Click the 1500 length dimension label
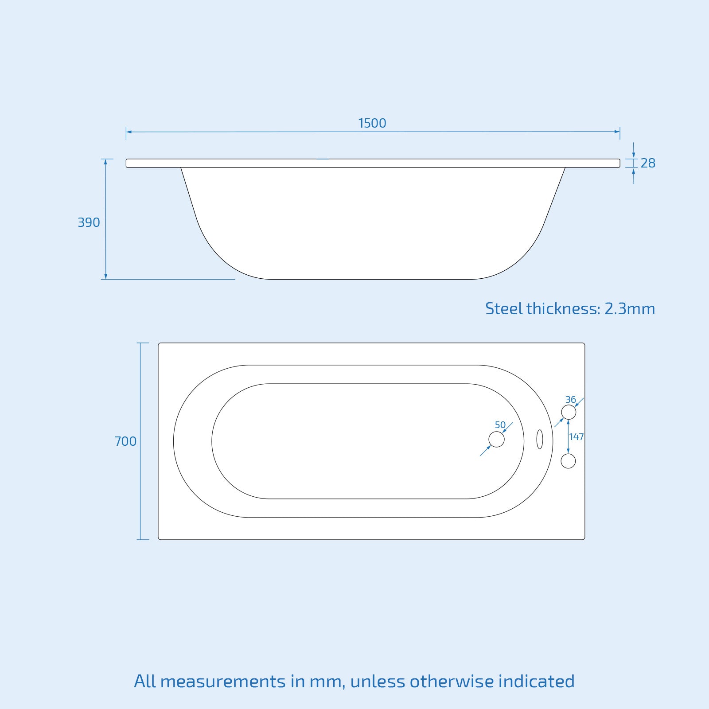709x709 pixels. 372,123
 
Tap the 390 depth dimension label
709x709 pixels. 89,222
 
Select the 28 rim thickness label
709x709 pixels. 648,164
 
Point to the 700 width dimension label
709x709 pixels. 125,441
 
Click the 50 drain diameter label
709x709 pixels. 500,425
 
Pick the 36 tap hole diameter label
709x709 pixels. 570,400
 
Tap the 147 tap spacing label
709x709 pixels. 577,437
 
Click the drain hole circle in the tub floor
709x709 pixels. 496,440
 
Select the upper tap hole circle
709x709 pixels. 569,412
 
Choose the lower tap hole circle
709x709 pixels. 568,461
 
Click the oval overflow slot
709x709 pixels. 539,439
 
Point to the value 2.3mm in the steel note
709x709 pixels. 629,309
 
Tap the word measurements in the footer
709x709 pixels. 223,682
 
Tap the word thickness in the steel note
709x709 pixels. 563,309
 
